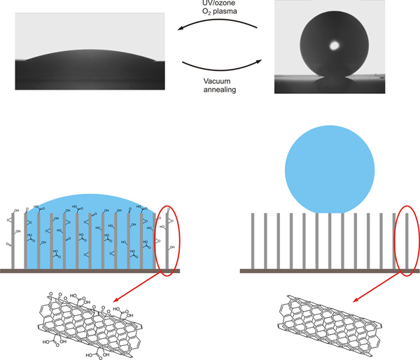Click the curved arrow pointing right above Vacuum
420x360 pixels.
[220, 64]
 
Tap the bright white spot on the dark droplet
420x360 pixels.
[335, 45]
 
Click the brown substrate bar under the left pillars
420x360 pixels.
[91, 270]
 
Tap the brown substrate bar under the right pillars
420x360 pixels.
[329, 270]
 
